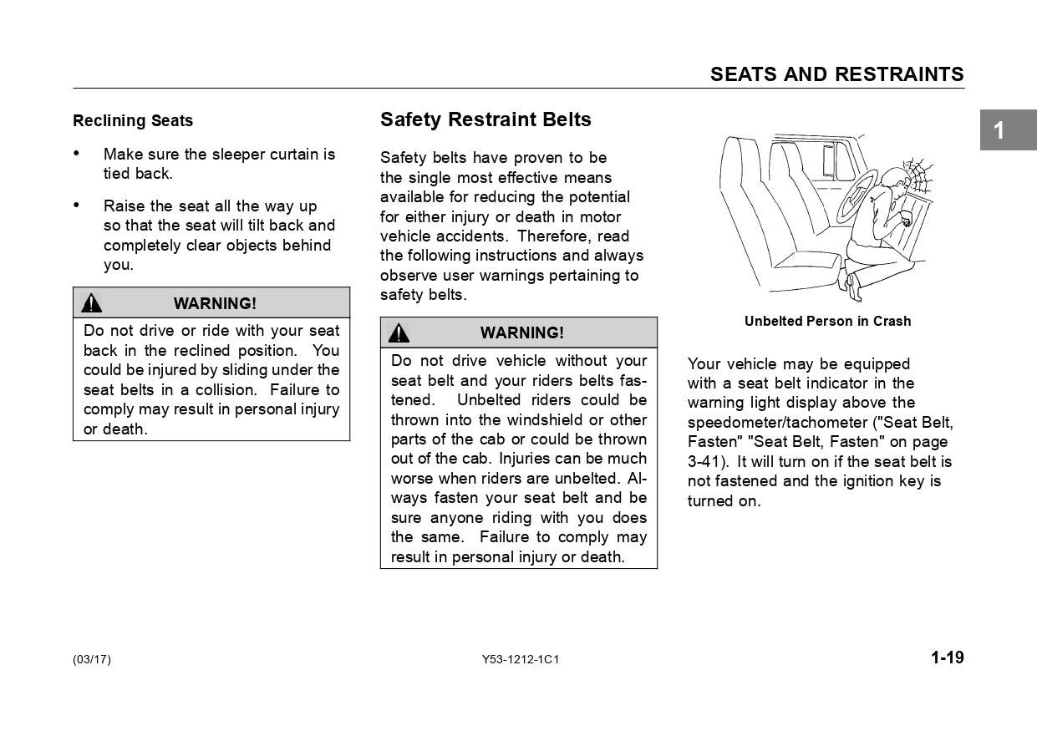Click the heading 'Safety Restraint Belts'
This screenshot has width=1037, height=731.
[x=485, y=119]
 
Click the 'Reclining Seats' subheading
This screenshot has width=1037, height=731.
[x=133, y=121]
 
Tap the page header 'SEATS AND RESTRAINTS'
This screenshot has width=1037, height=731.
[x=836, y=74]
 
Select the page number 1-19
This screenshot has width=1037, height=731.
[x=948, y=657]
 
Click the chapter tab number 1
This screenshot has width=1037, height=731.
[x=999, y=130]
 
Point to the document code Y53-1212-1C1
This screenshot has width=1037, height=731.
[x=520, y=660]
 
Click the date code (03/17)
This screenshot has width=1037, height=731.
[x=92, y=660]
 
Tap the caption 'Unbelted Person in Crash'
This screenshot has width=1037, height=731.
[x=827, y=322]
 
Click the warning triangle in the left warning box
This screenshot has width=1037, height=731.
[x=92, y=303]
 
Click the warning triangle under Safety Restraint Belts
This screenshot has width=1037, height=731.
[x=399, y=333]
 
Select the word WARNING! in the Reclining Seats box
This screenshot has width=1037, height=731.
[x=215, y=303]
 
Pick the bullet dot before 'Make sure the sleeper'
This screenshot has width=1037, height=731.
[x=77, y=154]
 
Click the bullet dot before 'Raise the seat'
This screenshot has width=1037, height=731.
[x=77, y=206]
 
